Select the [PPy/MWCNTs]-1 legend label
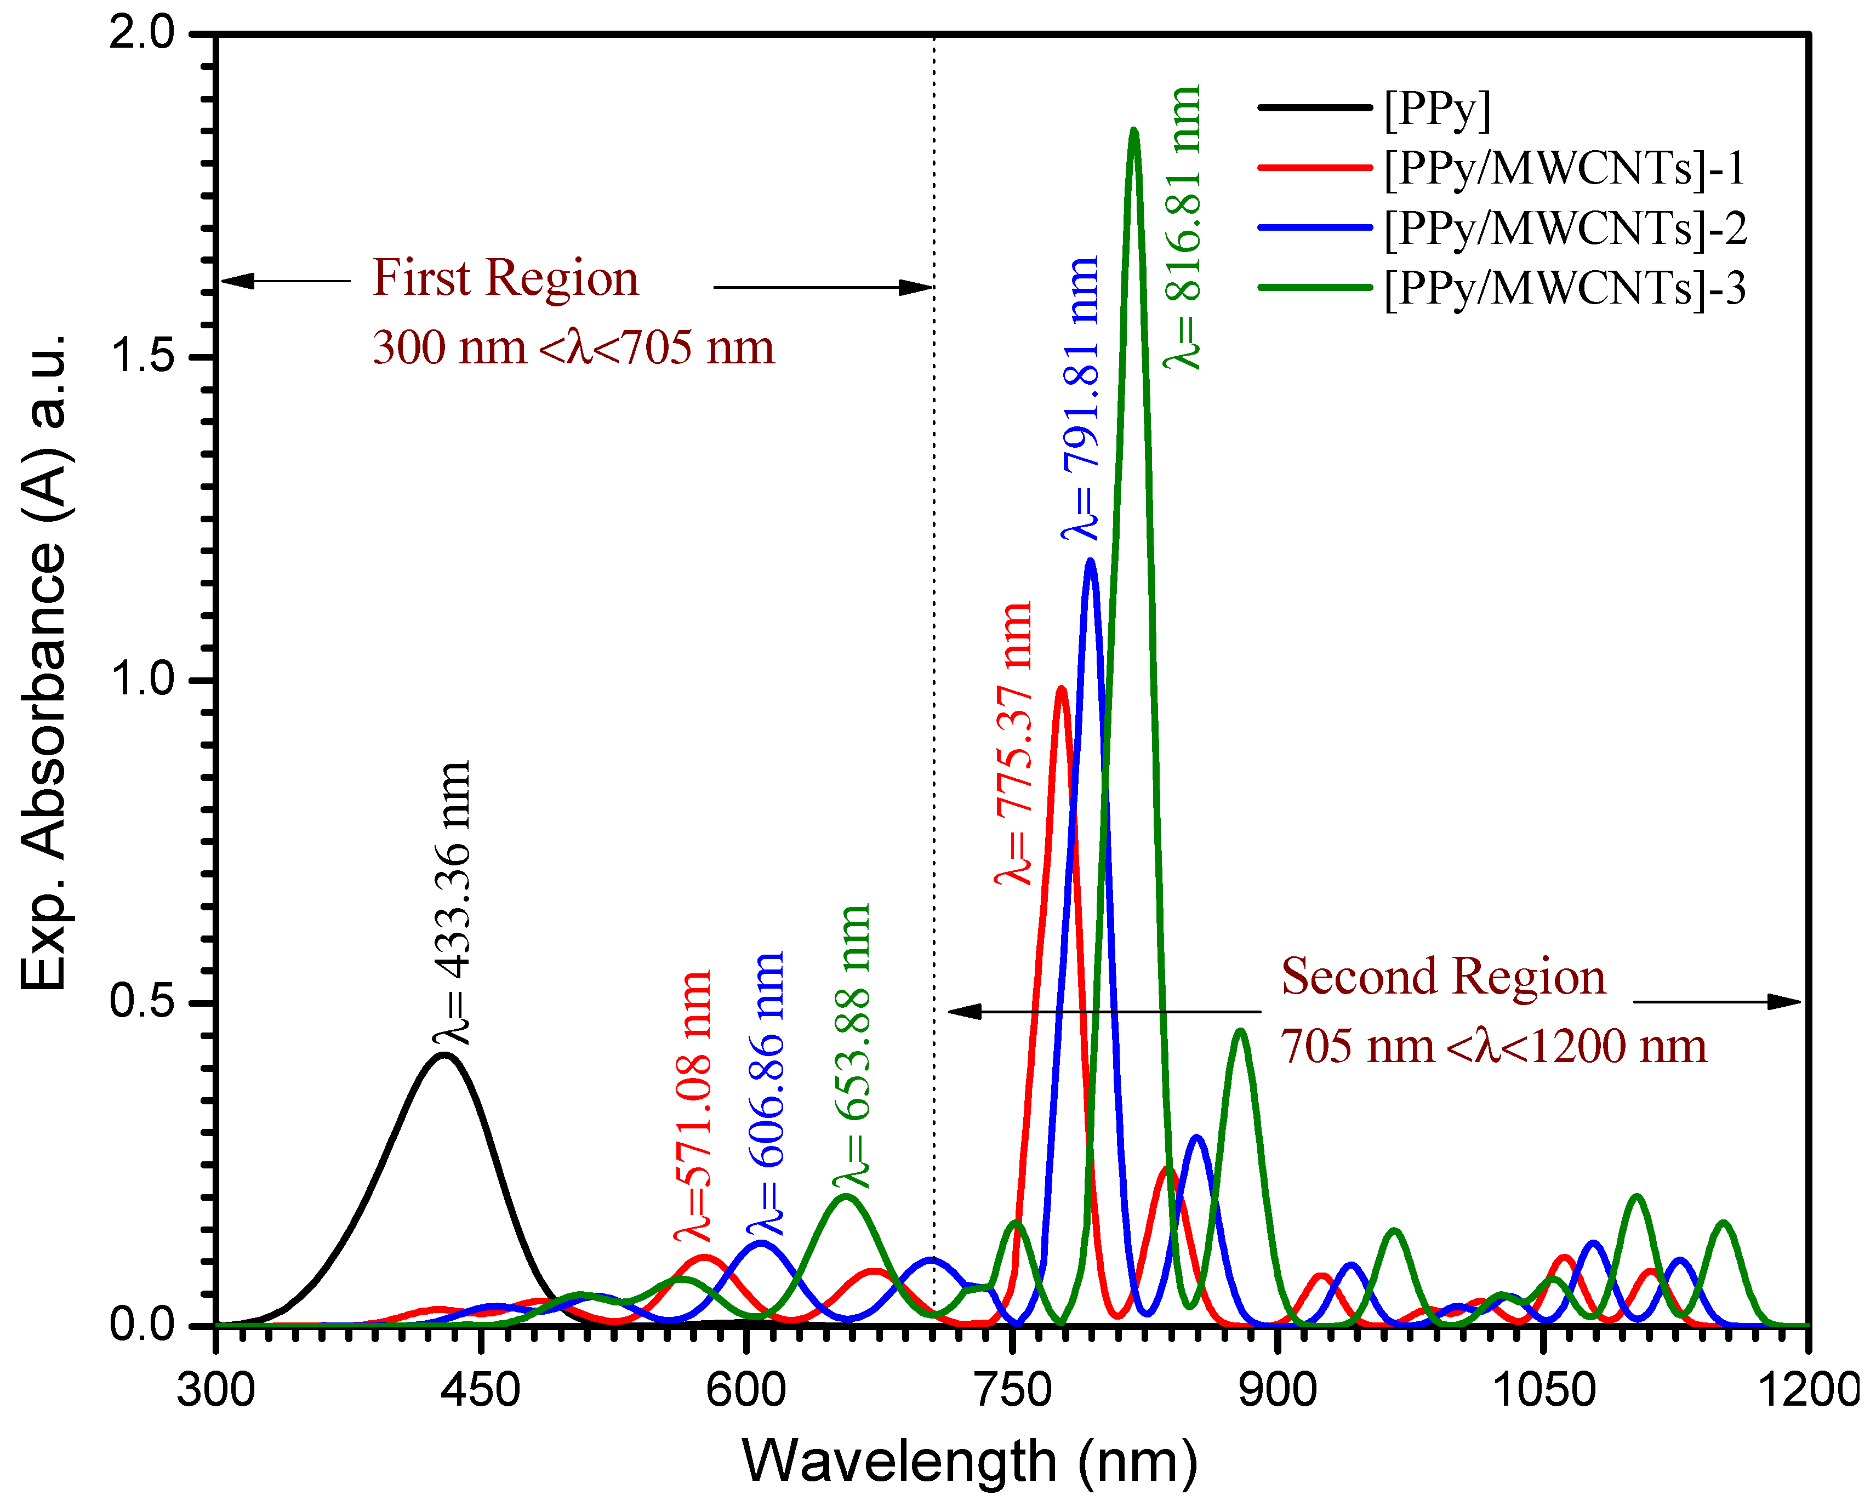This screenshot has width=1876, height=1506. [1564, 168]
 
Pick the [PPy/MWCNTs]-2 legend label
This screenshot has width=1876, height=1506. [1564, 228]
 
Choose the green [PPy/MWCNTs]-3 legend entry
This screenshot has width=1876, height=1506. [1564, 288]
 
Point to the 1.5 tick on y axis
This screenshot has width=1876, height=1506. [142, 357]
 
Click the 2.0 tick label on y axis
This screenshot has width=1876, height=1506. [142, 35]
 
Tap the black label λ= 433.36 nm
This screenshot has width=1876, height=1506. [453, 902]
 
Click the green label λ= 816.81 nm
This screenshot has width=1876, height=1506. [1183, 228]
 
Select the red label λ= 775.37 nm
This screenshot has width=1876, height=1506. [1014, 742]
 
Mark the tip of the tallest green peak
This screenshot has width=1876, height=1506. [1133, 132]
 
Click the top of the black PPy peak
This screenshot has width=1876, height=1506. [444, 1056]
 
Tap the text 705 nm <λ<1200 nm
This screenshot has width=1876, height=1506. [1493, 1046]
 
